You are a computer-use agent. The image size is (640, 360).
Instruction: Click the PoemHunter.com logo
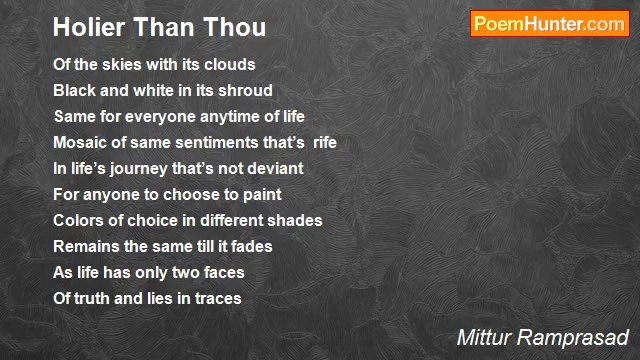[x=549, y=24]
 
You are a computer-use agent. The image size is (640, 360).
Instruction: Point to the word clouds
[x=231, y=65]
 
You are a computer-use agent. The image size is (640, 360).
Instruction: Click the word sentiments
[x=212, y=143]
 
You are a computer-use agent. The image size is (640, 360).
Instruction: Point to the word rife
[x=325, y=143]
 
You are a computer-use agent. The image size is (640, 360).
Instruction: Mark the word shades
[x=297, y=221]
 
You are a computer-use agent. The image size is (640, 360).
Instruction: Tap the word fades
[x=250, y=247]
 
